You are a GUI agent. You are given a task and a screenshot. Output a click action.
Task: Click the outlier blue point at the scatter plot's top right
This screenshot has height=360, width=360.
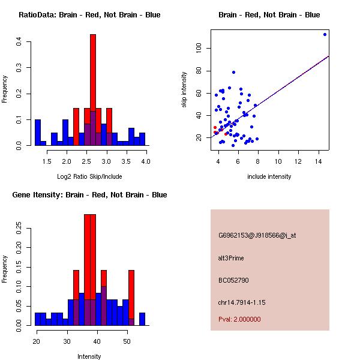(325, 34)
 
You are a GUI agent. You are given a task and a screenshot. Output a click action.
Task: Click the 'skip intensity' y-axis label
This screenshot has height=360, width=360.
(184, 90)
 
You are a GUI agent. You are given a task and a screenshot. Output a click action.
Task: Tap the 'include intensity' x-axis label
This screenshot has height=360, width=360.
(269, 176)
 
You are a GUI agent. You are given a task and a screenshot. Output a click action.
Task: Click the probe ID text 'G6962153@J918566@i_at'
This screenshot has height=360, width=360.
(257, 235)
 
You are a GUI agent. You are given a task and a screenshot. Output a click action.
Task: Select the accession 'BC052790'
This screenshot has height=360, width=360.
(233, 280)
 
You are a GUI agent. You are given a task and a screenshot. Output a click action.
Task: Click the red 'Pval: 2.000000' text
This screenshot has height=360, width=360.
(239, 319)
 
